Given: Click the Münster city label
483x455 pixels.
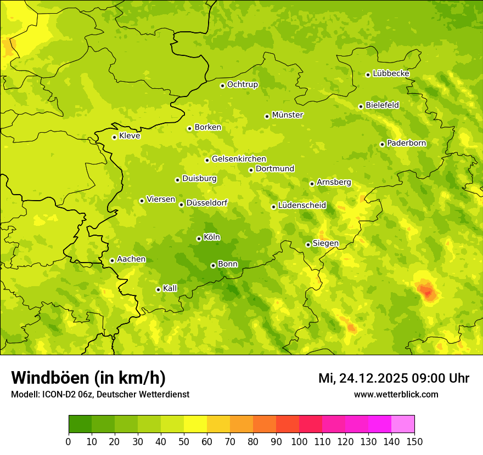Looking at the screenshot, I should point(287,115).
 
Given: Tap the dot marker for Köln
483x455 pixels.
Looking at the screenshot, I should point(199,238).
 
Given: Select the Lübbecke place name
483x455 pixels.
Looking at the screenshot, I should point(391,73).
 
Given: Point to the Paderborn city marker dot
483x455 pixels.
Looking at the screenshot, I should point(382,144).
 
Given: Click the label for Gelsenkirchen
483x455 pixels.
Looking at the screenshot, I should point(239,159).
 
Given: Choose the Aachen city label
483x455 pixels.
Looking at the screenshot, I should point(131,259).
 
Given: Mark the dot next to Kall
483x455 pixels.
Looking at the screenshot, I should point(158,289).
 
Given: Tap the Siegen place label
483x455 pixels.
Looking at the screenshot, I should point(325,243).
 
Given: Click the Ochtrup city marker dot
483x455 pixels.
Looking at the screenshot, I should point(222,86).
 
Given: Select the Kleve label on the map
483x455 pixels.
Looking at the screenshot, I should point(130,136).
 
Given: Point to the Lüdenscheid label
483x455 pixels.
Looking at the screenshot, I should point(302,206).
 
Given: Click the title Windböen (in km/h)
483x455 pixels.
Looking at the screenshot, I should point(88,378).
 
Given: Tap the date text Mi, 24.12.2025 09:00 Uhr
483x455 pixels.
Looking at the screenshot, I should point(394,378).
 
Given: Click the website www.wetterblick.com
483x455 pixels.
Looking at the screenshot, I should point(396,395).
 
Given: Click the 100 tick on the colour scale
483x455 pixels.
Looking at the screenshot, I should point(299,441).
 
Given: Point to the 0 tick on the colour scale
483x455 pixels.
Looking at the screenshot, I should point(69,441).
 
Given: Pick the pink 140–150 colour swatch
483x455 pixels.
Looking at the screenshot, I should point(403,424).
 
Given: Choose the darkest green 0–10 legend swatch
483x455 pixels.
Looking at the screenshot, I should point(80,424).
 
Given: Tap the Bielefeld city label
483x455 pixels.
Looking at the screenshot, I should point(382,105).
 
